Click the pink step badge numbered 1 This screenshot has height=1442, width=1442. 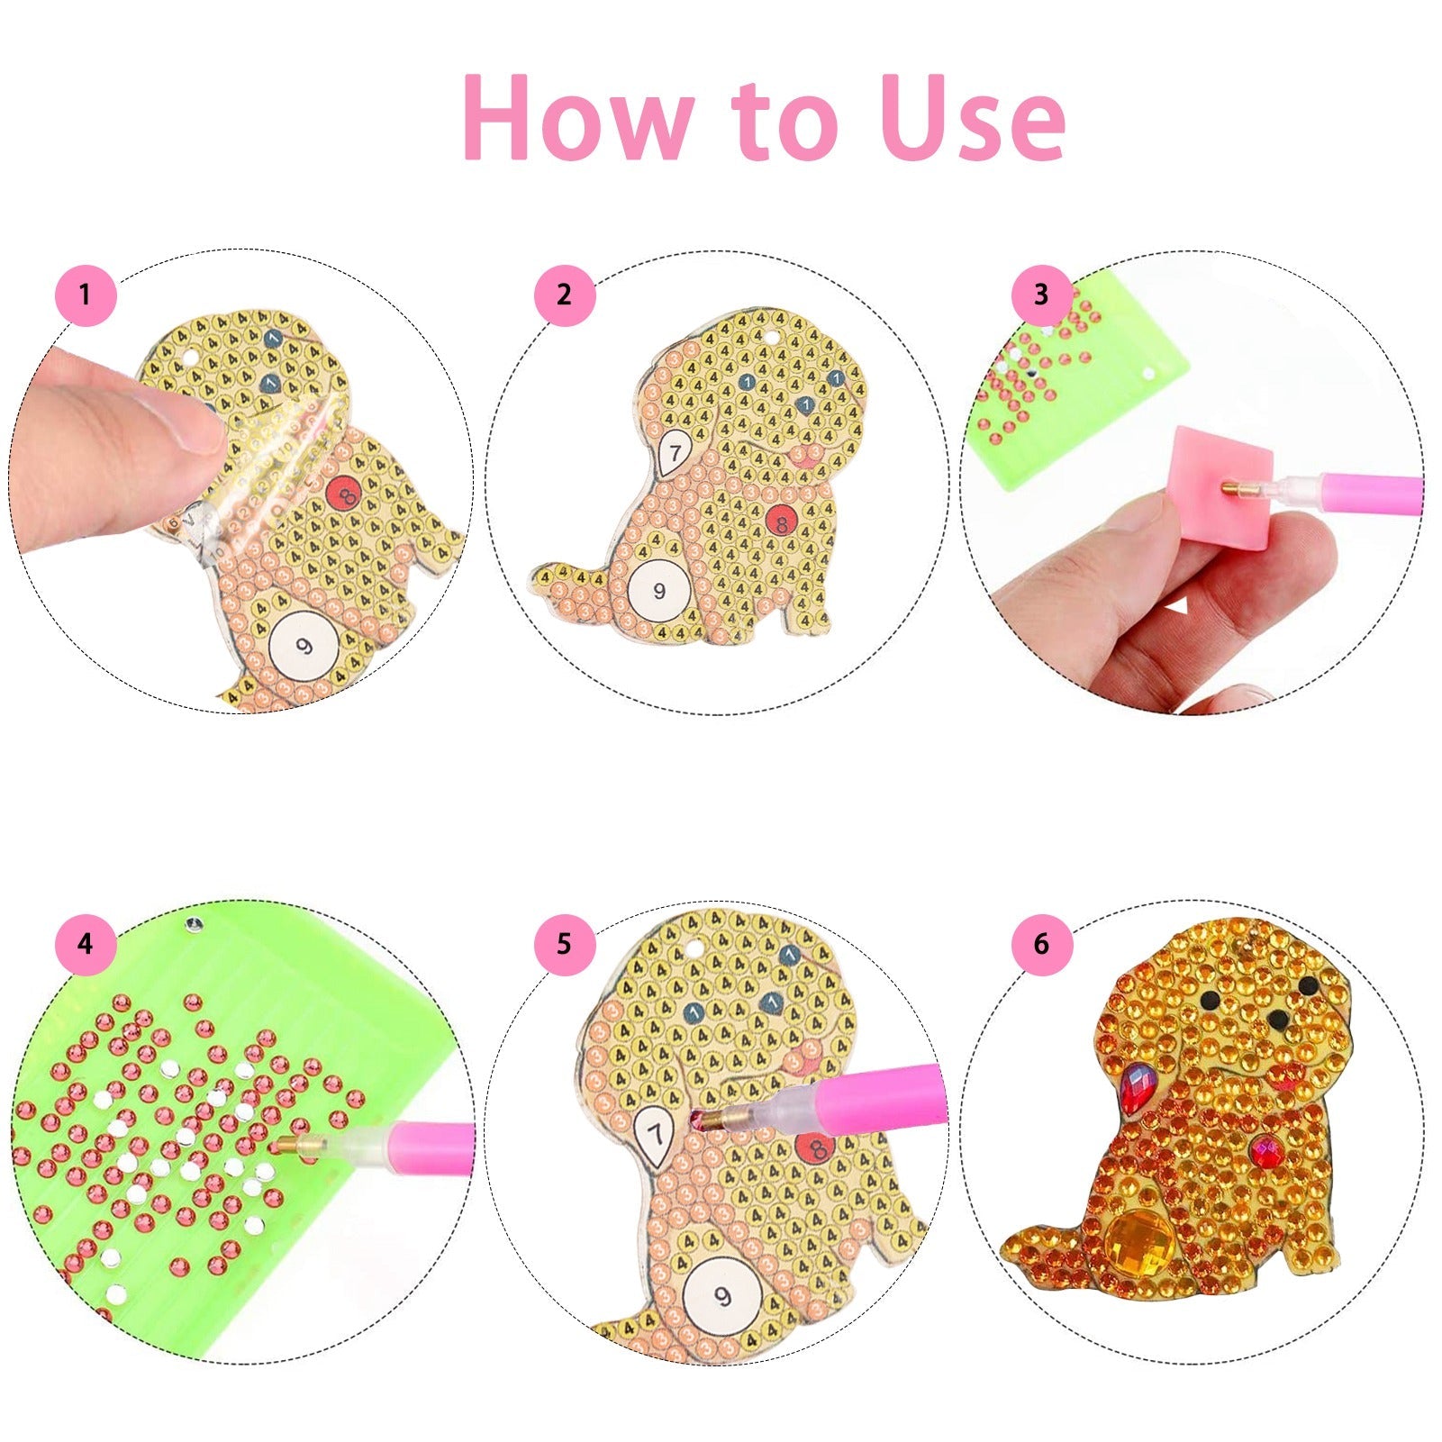[x=86, y=295]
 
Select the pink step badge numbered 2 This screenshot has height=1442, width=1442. [x=564, y=295]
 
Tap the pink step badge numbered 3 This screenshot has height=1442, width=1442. [x=1041, y=295]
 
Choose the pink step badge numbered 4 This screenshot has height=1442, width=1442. [x=86, y=944]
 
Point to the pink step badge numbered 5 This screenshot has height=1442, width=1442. [x=564, y=944]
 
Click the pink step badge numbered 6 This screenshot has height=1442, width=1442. [x=1041, y=944]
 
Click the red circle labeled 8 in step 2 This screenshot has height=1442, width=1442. [x=780, y=521]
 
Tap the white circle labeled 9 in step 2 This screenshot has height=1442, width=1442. [x=659, y=591]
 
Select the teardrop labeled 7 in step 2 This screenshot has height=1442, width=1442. [x=673, y=453]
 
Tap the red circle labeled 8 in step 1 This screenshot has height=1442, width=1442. [x=343, y=493]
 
